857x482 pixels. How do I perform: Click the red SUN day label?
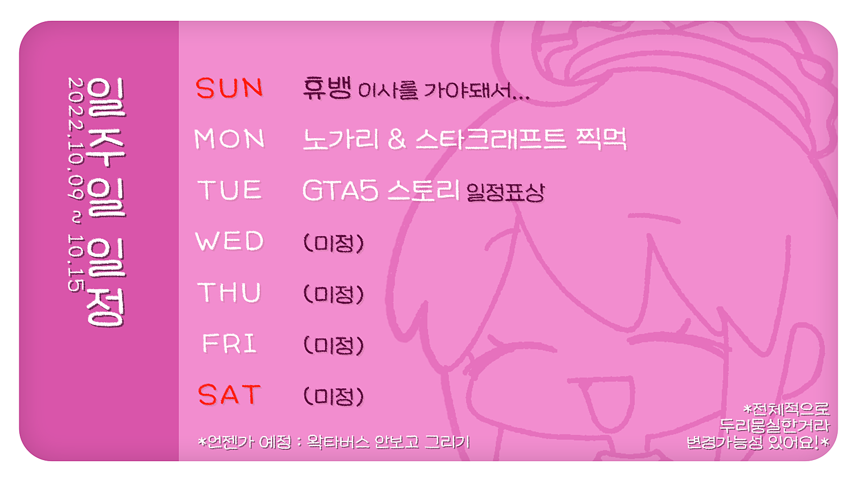coord(229,88)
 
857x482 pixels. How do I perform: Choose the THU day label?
coord(229,292)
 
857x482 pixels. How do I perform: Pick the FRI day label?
coord(229,343)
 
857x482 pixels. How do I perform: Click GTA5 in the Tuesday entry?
coord(341,190)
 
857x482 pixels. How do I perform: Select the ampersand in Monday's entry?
coord(397,139)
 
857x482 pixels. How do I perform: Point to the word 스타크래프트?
coord(491,139)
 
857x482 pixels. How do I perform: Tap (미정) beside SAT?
coord(333,396)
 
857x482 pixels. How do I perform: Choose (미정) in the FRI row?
coord(333,345)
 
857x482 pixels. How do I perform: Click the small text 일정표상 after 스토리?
coord(506,192)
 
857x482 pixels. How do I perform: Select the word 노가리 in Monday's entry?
coord(341,139)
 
